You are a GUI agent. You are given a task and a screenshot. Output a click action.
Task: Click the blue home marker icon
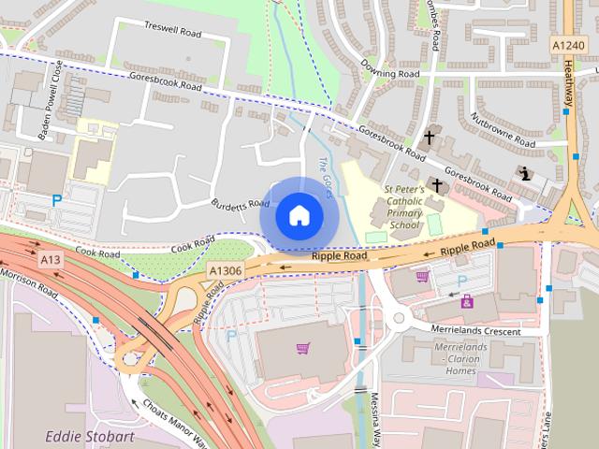point(299,216)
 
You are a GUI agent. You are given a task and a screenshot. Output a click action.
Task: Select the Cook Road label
point(98,253)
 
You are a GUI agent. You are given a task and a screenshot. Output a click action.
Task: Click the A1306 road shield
point(226,269)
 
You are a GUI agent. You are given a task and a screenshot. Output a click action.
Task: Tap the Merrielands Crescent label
point(487,331)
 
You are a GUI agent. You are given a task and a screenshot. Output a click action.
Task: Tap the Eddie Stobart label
point(91,436)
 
